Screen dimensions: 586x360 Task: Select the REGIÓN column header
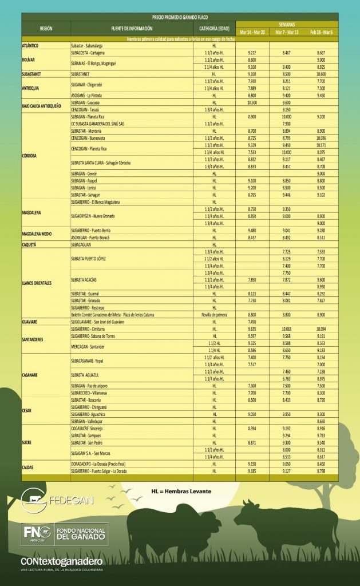click(x=46, y=28)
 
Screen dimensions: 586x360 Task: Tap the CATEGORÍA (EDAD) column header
click(x=214, y=28)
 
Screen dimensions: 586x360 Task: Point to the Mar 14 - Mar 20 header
click(x=252, y=32)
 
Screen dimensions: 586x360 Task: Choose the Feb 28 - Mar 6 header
click(x=321, y=32)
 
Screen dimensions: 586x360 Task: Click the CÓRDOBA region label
click(x=30, y=156)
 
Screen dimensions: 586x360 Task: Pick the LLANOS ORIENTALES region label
click(x=36, y=283)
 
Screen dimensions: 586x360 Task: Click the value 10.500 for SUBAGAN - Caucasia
click(x=252, y=102)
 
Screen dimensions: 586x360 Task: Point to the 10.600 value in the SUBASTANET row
click(x=321, y=74)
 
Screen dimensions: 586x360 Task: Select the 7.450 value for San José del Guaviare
click(x=252, y=322)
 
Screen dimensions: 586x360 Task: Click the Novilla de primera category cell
click(x=214, y=315)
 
